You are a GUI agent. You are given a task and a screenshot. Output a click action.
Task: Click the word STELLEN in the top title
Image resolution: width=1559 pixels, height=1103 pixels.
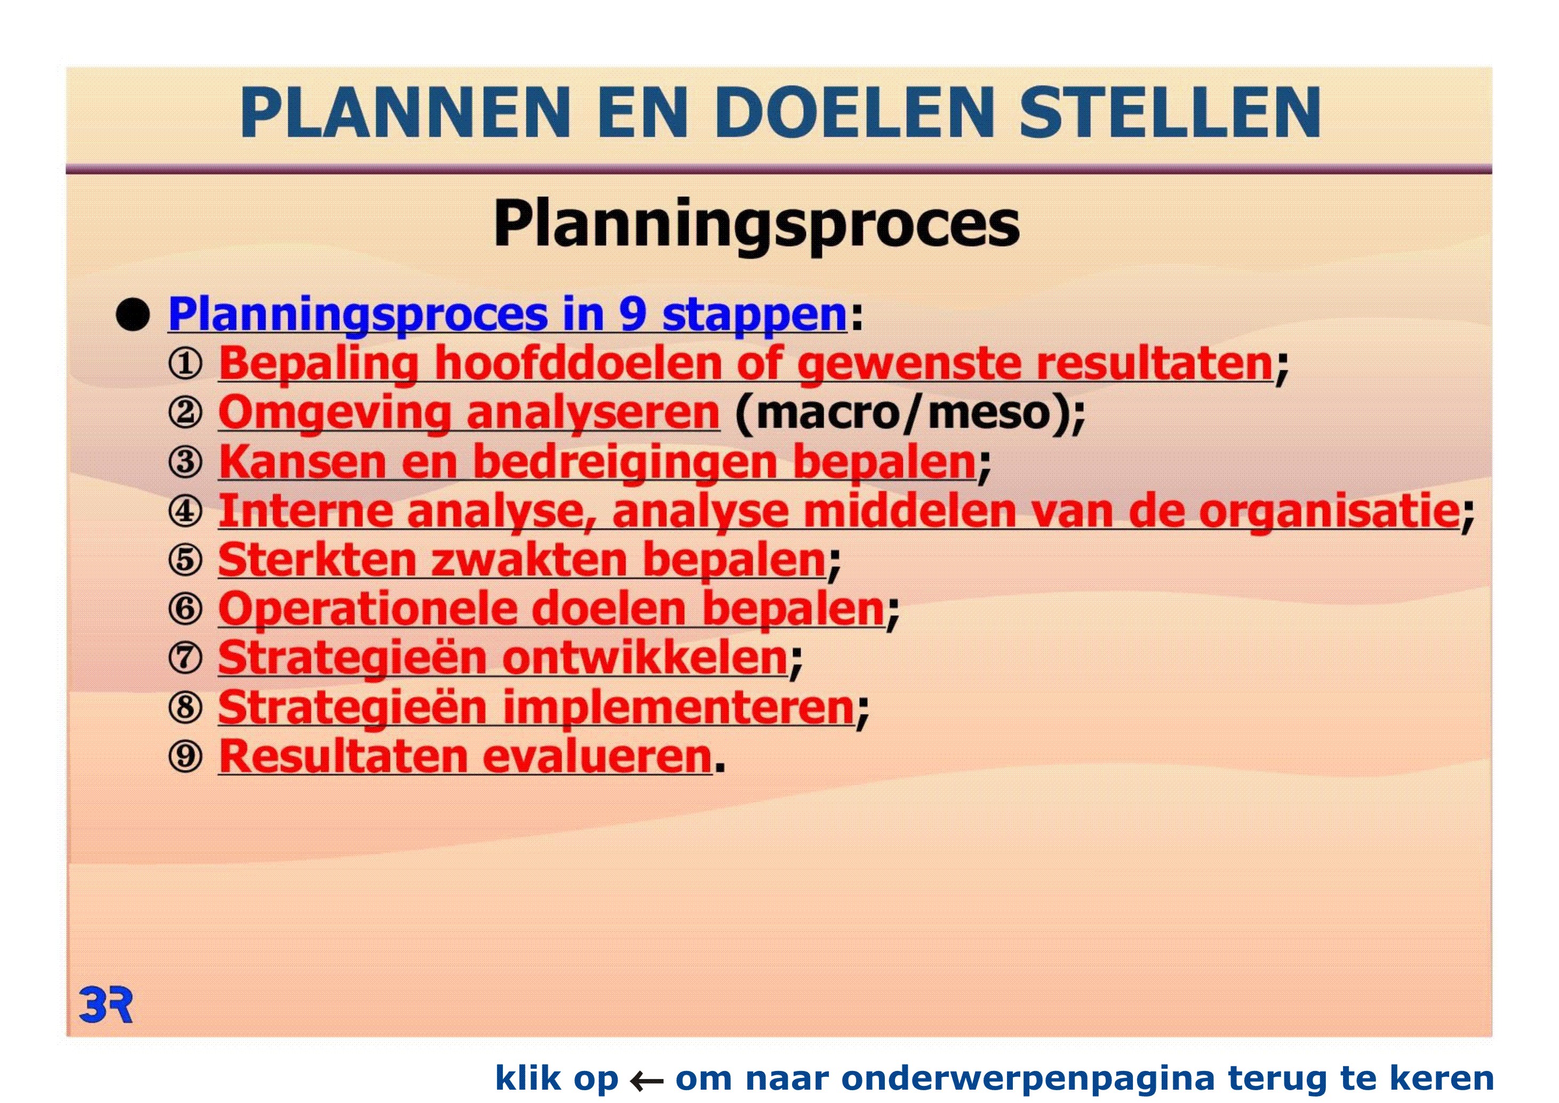click(x=1169, y=112)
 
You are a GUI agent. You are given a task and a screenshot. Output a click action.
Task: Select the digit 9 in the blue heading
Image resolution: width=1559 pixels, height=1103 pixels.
click(x=632, y=314)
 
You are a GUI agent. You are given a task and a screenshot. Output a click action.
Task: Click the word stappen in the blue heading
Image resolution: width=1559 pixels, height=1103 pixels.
click(x=754, y=317)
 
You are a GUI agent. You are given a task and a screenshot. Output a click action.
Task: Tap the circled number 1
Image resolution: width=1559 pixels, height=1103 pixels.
click(x=186, y=363)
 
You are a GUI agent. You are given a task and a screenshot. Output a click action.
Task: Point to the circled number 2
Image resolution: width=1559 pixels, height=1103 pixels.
click(x=186, y=412)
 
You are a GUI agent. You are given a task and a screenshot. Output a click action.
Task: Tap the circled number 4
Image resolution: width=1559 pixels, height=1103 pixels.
click(x=186, y=511)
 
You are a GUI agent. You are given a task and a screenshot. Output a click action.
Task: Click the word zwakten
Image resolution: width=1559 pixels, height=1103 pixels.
click(x=530, y=560)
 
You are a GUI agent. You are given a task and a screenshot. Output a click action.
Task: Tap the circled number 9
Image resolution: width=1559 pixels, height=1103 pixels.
click(x=186, y=756)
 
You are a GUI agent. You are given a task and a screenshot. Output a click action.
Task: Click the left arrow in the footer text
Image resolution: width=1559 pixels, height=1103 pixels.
click(x=646, y=1081)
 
